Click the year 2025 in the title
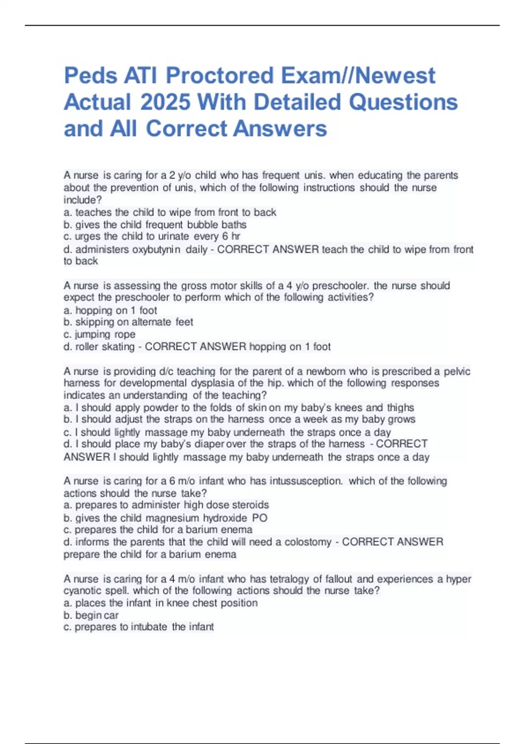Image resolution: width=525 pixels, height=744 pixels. pos(165,102)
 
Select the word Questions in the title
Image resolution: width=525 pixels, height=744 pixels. pos(403,102)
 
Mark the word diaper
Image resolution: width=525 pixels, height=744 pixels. pos(208,444)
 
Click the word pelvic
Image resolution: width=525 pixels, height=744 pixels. pos(457,372)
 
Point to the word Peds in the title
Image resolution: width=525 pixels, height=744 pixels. pos(91,76)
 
